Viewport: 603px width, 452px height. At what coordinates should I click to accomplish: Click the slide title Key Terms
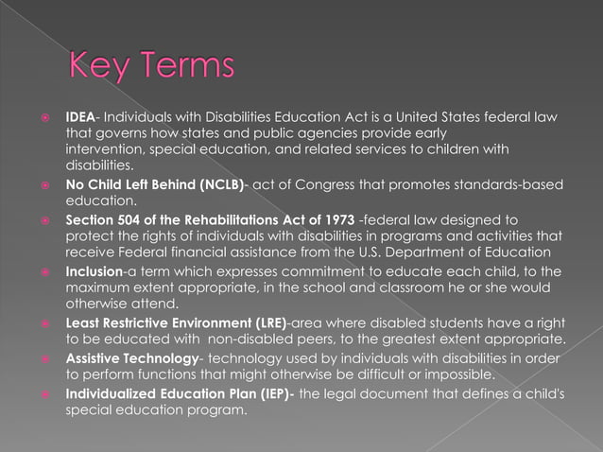click(151, 67)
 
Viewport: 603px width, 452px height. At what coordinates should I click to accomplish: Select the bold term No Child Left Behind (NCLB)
click(154, 183)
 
